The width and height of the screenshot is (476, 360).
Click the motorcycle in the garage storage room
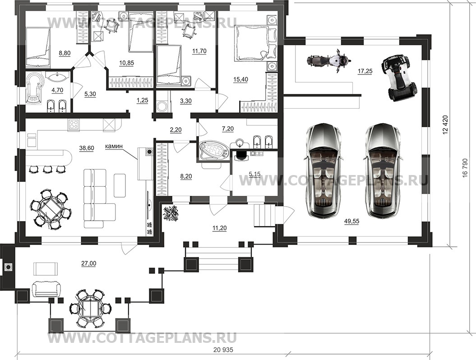tap(327, 61)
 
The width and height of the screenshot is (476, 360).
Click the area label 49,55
tap(351, 222)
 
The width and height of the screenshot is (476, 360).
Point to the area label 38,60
tap(87, 148)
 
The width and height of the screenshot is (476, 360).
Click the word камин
tap(114, 146)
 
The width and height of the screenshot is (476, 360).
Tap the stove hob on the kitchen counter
tap(74, 124)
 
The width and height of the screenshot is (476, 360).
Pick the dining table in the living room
tap(51, 209)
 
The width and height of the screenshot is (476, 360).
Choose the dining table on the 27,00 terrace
tap(90, 309)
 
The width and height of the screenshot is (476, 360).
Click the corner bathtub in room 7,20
tap(213, 151)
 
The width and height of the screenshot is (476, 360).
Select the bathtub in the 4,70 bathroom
tap(34, 90)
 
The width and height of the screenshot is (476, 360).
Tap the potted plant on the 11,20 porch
tap(171, 213)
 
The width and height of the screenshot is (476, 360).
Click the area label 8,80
tap(65, 53)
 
